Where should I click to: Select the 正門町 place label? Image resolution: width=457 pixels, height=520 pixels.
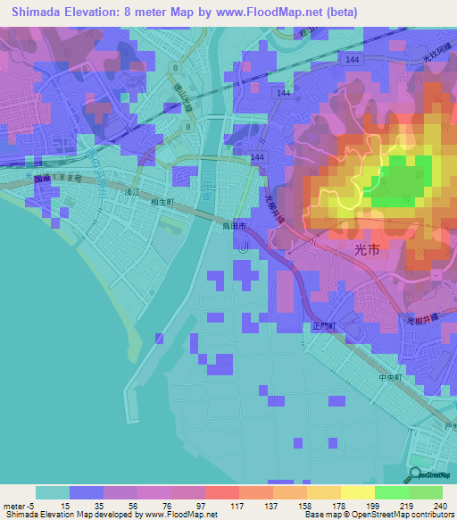323,328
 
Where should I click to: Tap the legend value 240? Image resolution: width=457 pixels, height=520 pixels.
437,505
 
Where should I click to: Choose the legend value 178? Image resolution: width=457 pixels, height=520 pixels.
339,505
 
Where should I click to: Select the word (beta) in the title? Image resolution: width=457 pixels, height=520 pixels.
340,13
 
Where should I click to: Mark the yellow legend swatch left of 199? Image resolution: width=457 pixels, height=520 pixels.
357,492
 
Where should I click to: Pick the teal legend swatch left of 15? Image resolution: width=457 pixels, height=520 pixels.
52,492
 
